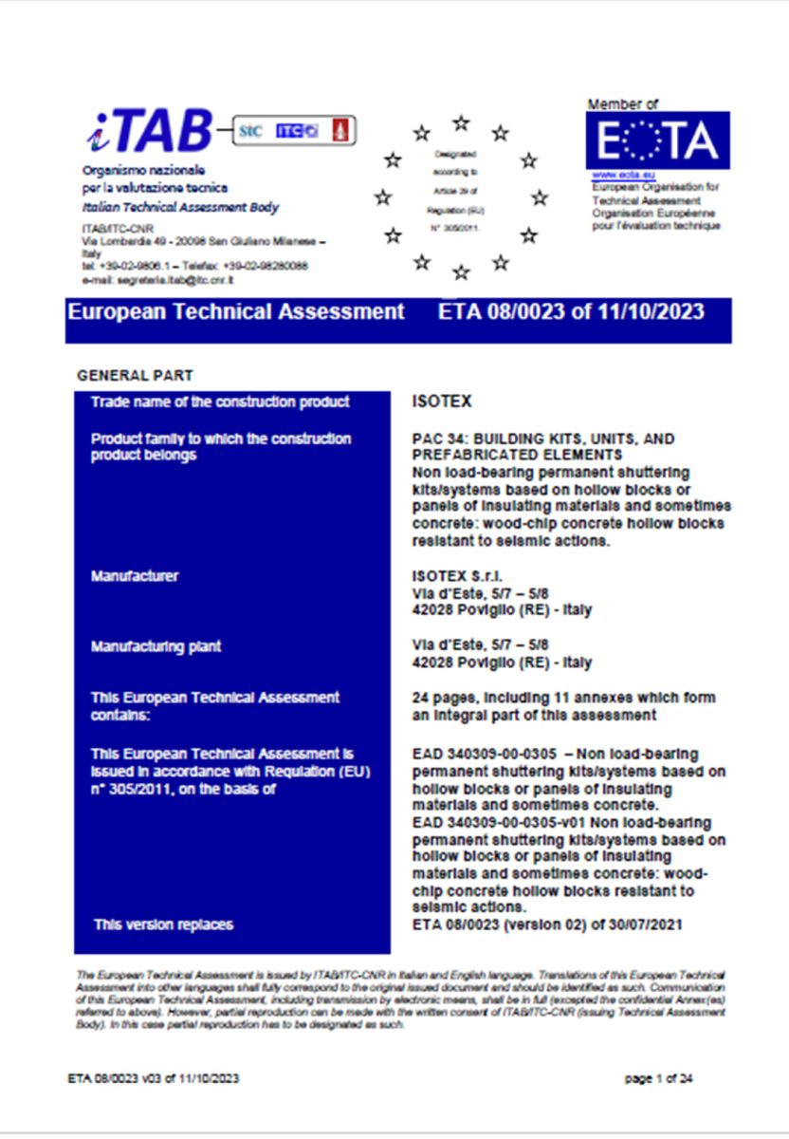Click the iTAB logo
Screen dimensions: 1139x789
150,132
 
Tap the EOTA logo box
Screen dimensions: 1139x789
658,140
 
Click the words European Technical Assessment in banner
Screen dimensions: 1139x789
235,312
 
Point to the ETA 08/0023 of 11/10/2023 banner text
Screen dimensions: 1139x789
572,312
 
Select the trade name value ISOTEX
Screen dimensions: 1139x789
443,402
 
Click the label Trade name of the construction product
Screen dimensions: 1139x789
220,402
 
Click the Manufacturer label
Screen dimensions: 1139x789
135,576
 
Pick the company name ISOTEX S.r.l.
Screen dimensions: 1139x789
458,576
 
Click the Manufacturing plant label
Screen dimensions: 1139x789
156,646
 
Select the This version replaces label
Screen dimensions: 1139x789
163,924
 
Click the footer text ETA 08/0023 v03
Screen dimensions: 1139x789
118,1079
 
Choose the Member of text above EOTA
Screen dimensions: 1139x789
622,104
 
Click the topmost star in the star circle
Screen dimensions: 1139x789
461,122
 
